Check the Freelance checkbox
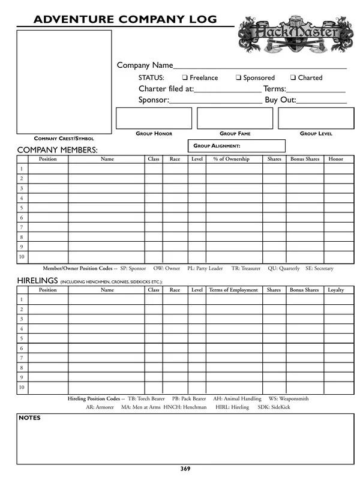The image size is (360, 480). click(x=185, y=78)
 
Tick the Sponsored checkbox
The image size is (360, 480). click(x=238, y=78)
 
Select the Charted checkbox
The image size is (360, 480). click(x=293, y=78)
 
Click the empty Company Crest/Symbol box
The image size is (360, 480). click(x=64, y=82)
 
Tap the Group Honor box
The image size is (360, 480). click(x=154, y=118)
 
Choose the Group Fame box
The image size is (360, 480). click(x=235, y=118)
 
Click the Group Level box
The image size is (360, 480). click(x=316, y=118)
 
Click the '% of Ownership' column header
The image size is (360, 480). click(x=231, y=159)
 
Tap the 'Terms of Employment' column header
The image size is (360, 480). click(x=233, y=290)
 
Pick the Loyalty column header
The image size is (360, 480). click(x=336, y=290)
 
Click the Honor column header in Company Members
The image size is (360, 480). click(x=336, y=159)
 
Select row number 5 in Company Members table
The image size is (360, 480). click(x=22, y=208)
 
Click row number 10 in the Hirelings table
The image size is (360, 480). click(x=22, y=388)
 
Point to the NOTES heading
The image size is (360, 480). click(x=29, y=418)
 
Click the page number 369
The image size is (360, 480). click(x=185, y=469)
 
